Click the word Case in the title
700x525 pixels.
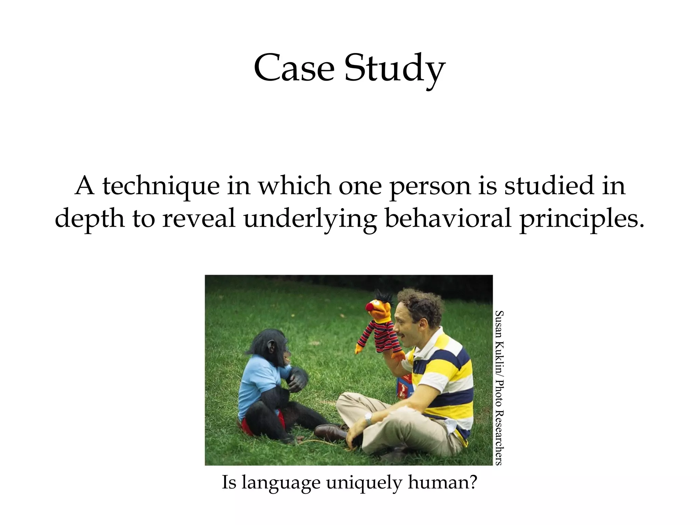[294, 68]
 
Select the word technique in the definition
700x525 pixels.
[161, 187]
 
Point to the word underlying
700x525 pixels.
[310, 220]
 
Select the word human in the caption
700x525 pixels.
[441, 483]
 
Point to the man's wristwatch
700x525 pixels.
[368, 417]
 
